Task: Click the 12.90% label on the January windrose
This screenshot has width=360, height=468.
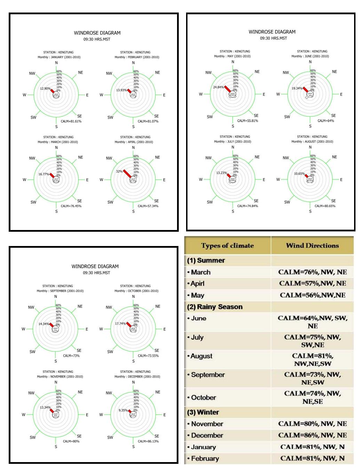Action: click(45, 89)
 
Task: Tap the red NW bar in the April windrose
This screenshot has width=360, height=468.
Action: click(128, 174)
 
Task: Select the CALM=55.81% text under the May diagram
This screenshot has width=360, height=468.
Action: click(248, 121)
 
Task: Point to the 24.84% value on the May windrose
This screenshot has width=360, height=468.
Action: click(218, 87)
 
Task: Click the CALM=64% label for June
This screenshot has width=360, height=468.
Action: click(326, 121)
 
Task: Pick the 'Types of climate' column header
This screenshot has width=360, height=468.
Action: click(227, 246)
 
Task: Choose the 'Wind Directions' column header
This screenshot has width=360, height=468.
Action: click(312, 246)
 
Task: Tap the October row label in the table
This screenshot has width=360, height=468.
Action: click(203, 397)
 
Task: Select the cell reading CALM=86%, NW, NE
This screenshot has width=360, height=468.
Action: click(312, 435)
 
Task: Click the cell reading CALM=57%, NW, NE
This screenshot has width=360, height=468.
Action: click(312, 284)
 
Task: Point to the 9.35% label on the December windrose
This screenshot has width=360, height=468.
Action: click(123, 410)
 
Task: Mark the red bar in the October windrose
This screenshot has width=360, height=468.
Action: click(129, 326)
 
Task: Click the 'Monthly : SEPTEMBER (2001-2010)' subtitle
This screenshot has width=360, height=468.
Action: click(60, 291)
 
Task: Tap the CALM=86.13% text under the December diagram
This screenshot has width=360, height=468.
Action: click(148, 441)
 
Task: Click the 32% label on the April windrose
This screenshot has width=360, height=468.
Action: click(119, 172)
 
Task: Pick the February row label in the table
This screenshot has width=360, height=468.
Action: click(205, 459)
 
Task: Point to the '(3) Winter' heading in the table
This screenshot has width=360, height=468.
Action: click(203, 412)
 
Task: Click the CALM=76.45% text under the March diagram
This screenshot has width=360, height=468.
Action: click(71, 206)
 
